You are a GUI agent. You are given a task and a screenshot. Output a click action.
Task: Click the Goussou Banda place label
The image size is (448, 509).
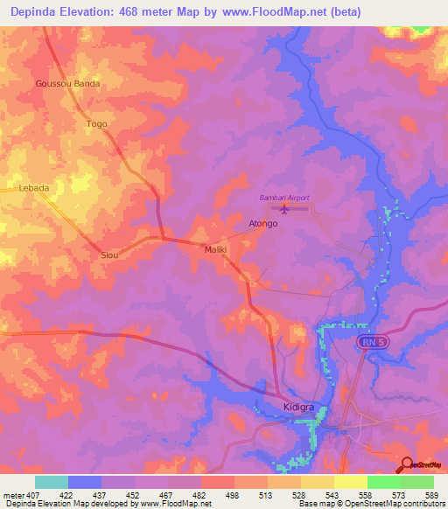tap(67, 84)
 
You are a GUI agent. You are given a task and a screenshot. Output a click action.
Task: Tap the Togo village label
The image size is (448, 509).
tap(96, 124)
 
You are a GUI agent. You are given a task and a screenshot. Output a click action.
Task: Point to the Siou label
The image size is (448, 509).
tap(109, 254)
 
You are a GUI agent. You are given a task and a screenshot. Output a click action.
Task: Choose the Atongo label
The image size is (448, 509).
tap(262, 224)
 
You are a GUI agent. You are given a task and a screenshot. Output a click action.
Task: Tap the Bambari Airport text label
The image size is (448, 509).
tap(284, 198)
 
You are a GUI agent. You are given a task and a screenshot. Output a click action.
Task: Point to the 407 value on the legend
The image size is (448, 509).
tap(34, 495)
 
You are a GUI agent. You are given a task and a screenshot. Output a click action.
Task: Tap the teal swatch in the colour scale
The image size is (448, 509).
tap(52, 482)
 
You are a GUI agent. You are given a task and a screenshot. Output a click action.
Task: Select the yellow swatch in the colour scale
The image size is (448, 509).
tap(350, 482)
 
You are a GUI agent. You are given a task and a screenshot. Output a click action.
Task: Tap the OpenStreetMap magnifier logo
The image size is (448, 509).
tap(407, 465)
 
